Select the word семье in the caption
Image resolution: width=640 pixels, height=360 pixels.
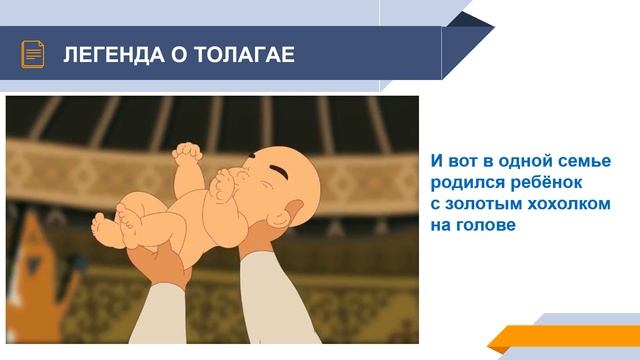pyautogui.click(x=584, y=161)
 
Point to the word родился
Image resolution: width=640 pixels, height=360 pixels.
pyautogui.click(x=463, y=183)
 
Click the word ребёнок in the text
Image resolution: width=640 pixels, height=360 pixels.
pyautogui.click(x=550, y=183)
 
